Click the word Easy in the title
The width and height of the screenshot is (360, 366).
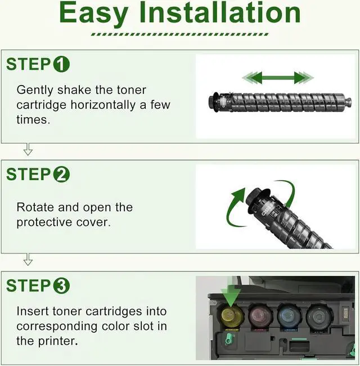[x=94, y=14]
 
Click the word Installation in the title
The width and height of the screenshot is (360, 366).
[x=219, y=12]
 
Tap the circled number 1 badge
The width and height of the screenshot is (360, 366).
[x=61, y=64]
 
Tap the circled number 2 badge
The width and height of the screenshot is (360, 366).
[x=61, y=175]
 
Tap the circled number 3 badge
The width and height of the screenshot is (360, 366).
[x=61, y=285]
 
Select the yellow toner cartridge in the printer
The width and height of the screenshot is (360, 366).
[x=231, y=316]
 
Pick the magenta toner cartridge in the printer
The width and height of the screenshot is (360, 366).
[x=260, y=316]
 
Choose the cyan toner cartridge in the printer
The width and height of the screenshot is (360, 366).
[x=289, y=316]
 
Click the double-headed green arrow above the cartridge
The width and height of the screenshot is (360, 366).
[x=278, y=78]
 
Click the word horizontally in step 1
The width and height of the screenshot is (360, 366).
[x=103, y=105]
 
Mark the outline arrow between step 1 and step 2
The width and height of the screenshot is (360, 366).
[x=28, y=149]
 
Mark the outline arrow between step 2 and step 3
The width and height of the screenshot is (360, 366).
[x=28, y=260]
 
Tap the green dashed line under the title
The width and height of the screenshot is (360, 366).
[x=179, y=34]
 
